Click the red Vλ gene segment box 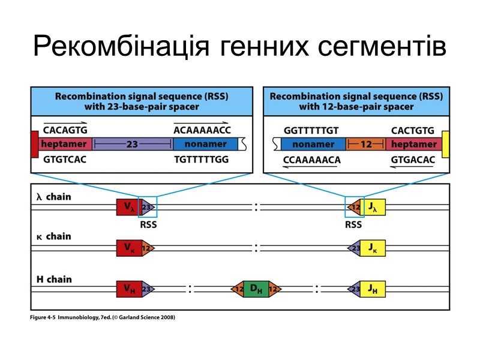tap(128, 208)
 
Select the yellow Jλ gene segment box tap(374, 208)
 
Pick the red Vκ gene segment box tap(128, 248)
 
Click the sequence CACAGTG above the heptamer tap(65, 130)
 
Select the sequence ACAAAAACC tap(202, 130)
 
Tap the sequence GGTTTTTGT tap(311, 130)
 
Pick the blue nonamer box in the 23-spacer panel tap(205, 145)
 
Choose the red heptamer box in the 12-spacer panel tap(414, 145)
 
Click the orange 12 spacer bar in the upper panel tap(367, 145)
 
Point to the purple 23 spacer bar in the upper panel tap(133, 145)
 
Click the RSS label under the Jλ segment tap(353, 225)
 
